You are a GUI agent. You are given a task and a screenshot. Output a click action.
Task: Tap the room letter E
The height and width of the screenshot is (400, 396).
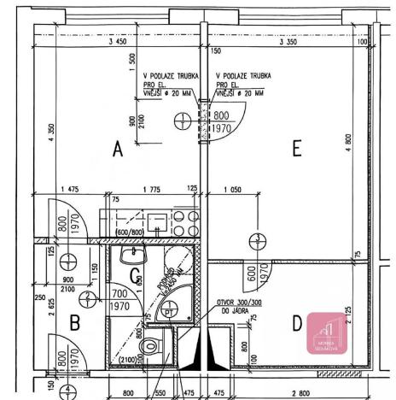click(296, 149)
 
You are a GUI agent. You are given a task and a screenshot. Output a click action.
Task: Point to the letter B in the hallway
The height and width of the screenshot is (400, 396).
click(74, 323)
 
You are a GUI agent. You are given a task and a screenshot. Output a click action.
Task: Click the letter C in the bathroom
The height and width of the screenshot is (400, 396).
click(134, 275)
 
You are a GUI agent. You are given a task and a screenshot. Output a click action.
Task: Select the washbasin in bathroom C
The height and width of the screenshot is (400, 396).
click(132, 256)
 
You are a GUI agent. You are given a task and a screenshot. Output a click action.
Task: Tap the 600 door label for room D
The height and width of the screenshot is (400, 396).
click(251, 274)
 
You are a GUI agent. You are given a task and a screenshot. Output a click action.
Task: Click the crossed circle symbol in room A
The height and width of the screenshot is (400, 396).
click(183, 123)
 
